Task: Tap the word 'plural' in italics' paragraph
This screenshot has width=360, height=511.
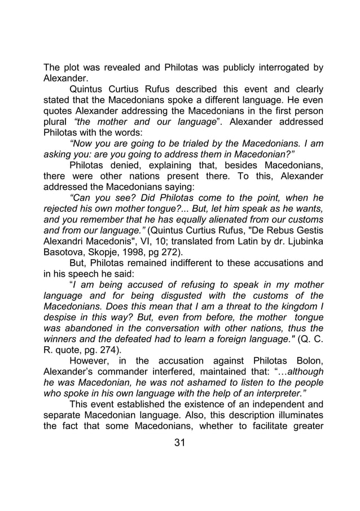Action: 56,123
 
